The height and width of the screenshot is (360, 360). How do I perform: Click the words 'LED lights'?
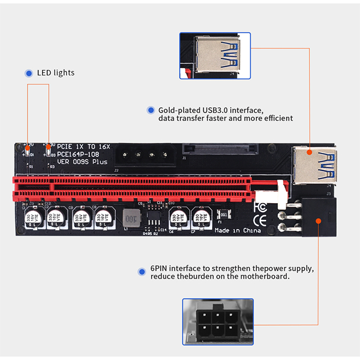point(56,73)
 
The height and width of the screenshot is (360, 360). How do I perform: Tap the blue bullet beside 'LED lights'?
point(29,73)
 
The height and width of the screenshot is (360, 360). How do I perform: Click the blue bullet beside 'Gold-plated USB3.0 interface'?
point(150,110)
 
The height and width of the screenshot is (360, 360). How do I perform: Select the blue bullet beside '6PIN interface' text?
point(142,272)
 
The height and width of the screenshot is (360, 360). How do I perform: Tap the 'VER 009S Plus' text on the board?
point(82,162)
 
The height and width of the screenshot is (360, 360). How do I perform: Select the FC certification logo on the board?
point(260,206)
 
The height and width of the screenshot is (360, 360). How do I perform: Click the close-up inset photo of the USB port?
point(215,55)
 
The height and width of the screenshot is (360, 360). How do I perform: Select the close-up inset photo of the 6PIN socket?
point(218,321)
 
